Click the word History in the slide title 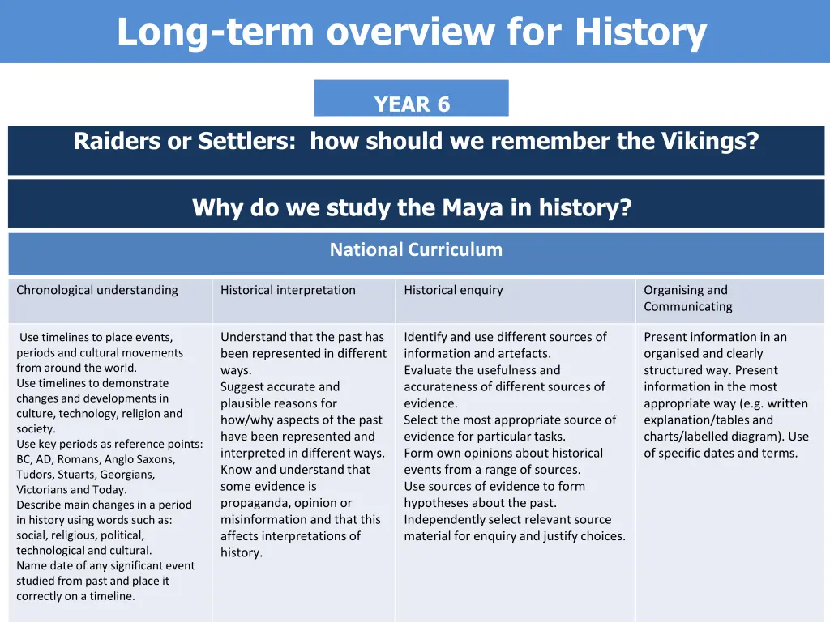click(x=640, y=32)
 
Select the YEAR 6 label click(x=412, y=104)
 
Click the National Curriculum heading click(x=416, y=250)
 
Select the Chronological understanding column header click(x=97, y=290)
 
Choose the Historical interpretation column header click(x=288, y=290)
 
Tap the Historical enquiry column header click(x=453, y=290)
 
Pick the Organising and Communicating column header click(x=687, y=298)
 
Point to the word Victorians click(x=44, y=490)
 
